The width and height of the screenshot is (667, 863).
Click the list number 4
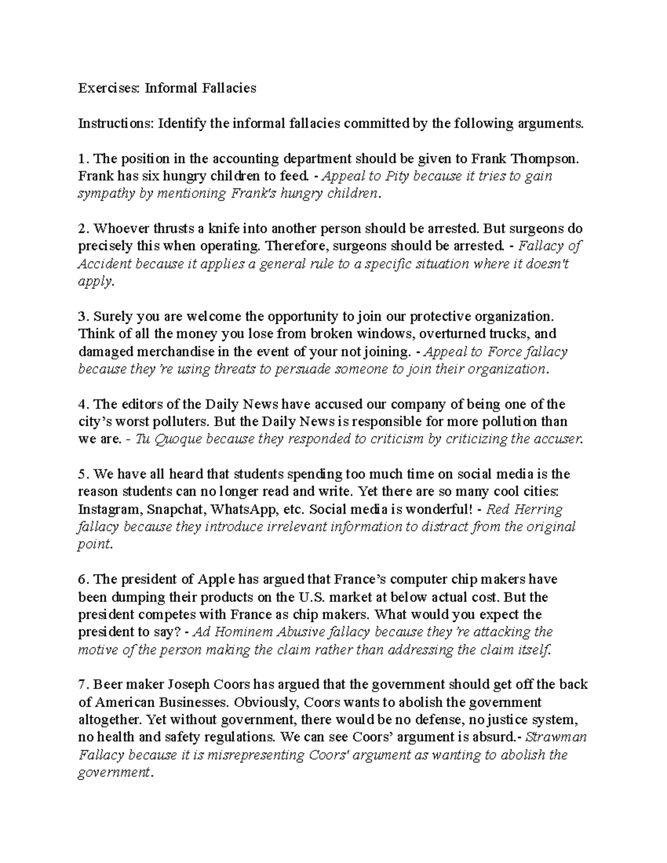pos(82,405)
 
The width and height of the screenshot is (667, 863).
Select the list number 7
pos(82,685)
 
